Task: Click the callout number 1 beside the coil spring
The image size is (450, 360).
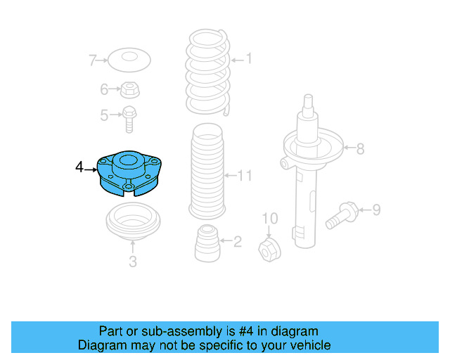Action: [247, 59]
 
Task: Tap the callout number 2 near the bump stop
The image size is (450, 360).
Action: [237, 243]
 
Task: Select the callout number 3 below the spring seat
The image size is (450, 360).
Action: [133, 263]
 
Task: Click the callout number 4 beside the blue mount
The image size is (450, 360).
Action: [79, 167]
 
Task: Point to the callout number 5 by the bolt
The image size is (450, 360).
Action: [104, 115]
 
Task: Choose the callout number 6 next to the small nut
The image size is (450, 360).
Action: [104, 89]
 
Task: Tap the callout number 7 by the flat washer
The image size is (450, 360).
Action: [92, 61]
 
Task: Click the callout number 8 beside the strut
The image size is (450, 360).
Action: [360, 149]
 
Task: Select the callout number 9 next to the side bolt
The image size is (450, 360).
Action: [376, 209]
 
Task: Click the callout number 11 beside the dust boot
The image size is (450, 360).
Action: [244, 175]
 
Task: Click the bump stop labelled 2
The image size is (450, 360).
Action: [206, 243]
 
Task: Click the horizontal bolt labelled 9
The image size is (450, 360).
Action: [342, 212]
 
